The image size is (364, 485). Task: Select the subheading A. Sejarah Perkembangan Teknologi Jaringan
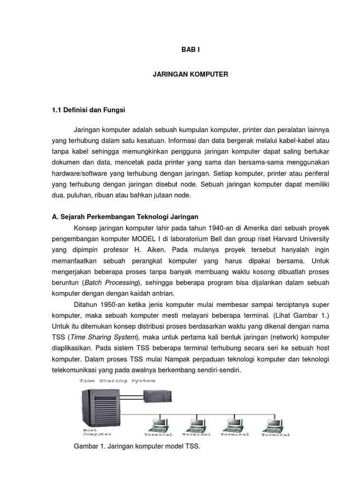coord(125,217)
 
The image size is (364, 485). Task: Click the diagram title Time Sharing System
coord(117,380)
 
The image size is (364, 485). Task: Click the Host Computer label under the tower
coord(97,431)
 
